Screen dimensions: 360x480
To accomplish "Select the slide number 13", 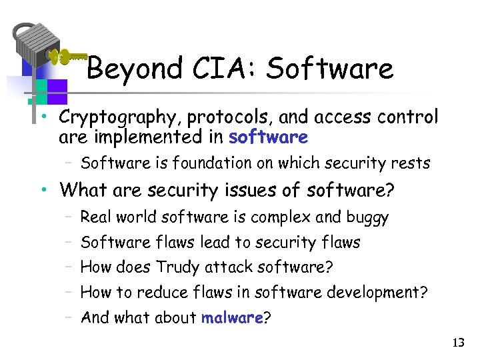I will [x=458, y=343].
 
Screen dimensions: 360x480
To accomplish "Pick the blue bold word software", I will [x=268, y=138].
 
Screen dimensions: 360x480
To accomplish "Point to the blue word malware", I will [x=232, y=318].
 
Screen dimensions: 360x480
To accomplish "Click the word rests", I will [x=413, y=163].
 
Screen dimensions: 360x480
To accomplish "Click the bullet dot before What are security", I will [x=43, y=191].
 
